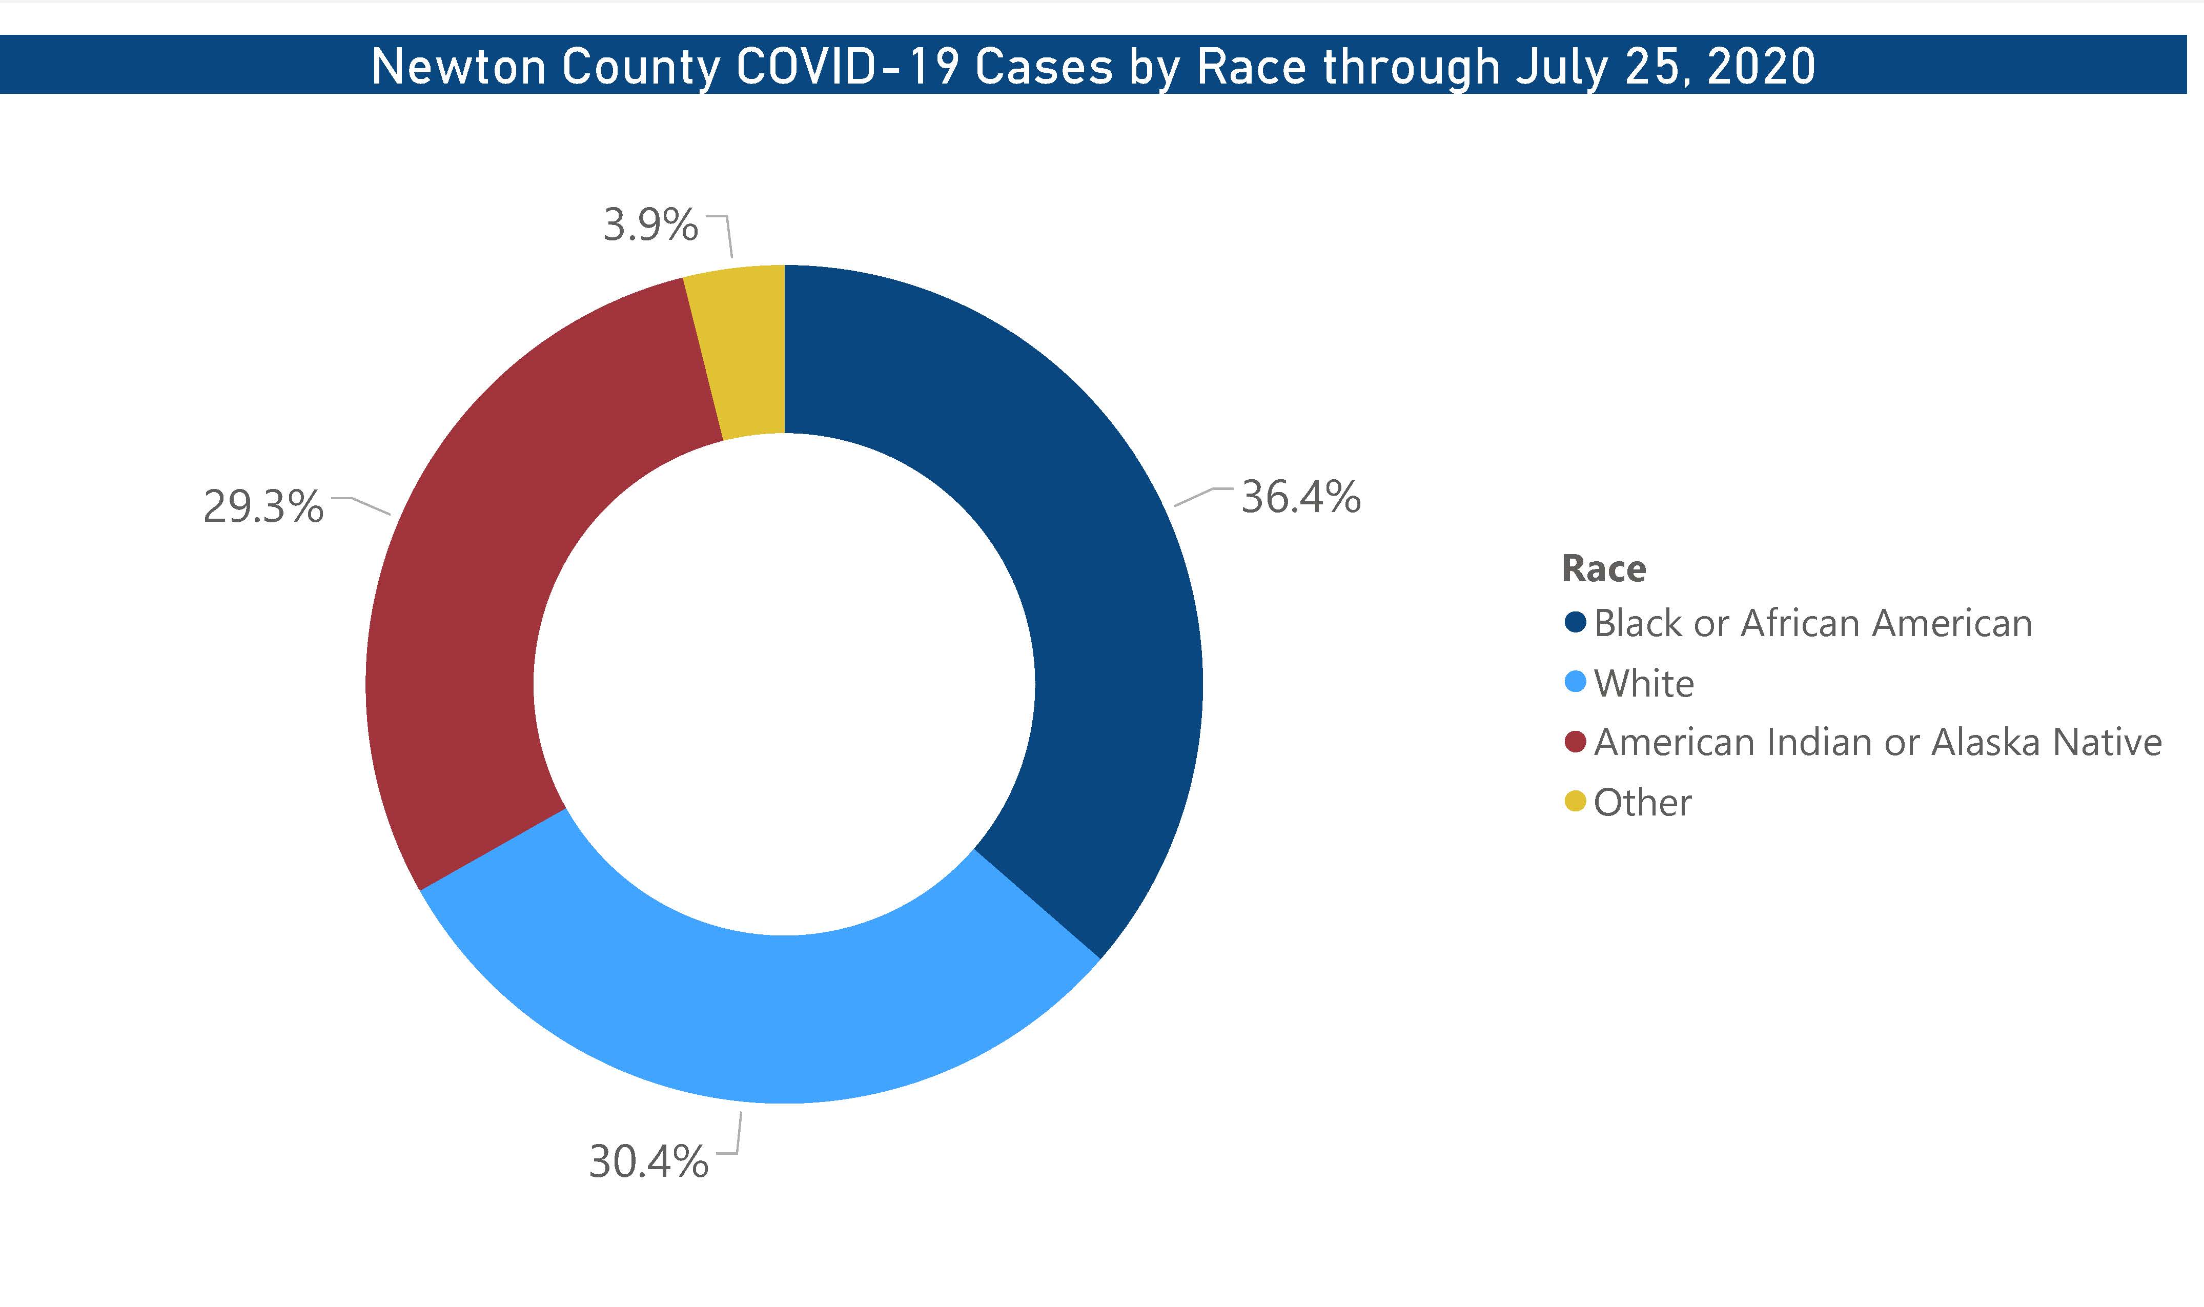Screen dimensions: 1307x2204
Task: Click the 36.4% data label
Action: coord(1300,498)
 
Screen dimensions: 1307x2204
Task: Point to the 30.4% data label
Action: coord(648,1161)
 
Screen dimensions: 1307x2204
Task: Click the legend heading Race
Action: coord(1603,569)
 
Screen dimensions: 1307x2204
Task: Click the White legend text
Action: coord(1643,683)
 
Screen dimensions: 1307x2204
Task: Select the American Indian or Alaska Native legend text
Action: coord(1878,743)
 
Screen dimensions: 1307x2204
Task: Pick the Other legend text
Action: coord(1642,802)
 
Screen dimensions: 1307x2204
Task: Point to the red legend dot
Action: coord(1575,742)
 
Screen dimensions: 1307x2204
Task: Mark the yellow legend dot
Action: coord(1575,802)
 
